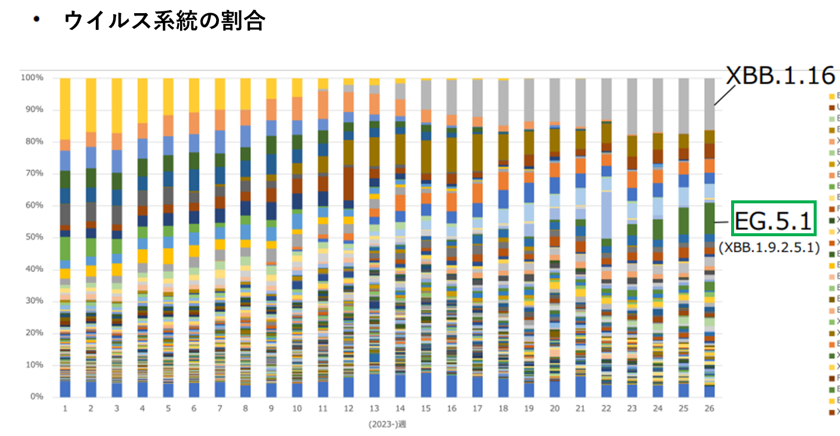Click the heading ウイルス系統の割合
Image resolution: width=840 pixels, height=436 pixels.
tap(165, 21)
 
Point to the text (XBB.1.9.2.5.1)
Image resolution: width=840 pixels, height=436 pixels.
tap(769, 247)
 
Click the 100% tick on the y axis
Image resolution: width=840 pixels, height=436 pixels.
tap(32, 78)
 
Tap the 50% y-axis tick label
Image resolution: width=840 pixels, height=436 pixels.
tap(34, 237)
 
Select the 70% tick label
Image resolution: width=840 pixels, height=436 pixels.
tap(34, 173)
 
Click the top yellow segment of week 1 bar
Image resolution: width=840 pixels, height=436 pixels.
tap(65, 108)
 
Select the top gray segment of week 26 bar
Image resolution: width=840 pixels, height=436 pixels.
tap(709, 103)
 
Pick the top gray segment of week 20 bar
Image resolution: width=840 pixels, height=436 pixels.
tap(555, 99)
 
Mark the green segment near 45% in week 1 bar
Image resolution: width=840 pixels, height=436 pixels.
tap(65, 248)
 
